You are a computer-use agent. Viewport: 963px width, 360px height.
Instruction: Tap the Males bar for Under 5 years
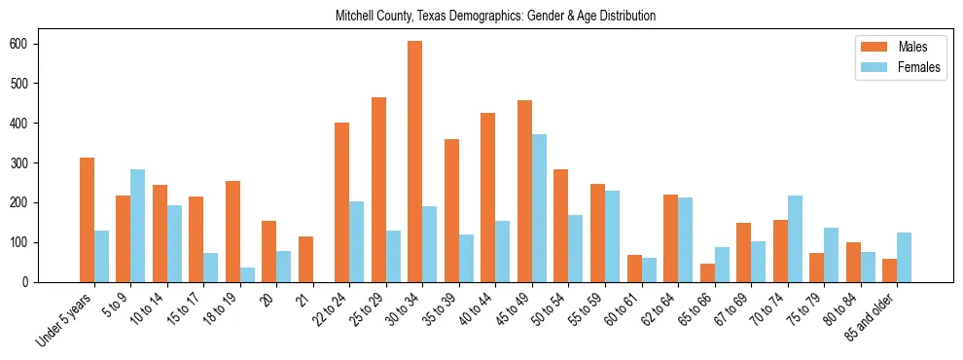coord(87,220)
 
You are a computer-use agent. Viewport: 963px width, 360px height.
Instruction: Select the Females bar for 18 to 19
coord(248,274)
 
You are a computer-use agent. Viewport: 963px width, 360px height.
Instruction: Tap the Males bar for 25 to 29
coord(378,190)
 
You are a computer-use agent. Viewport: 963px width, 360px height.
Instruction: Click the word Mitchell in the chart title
coord(355,17)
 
